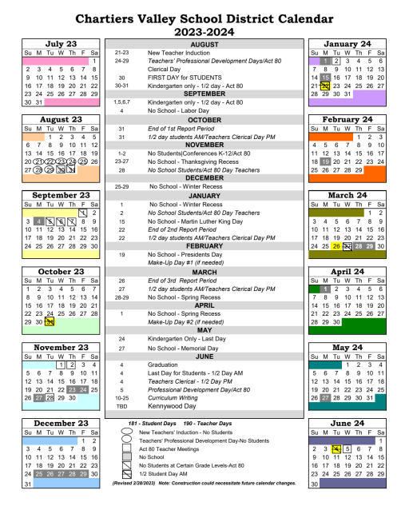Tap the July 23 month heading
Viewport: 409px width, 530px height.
[x=61, y=44]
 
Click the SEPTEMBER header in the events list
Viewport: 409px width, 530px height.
[x=204, y=94]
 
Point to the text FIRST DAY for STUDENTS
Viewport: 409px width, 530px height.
[x=181, y=77]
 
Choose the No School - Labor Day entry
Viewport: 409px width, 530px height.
[x=177, y=110]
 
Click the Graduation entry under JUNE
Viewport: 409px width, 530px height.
[x=165, y=363]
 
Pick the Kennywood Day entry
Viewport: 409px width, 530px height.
[x=172, y=404]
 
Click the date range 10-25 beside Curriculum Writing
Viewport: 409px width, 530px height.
[x=121, y=397]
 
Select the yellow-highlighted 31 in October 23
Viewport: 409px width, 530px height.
[x=49, y=321]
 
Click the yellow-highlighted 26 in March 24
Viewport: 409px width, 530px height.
[x=336, y=246]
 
